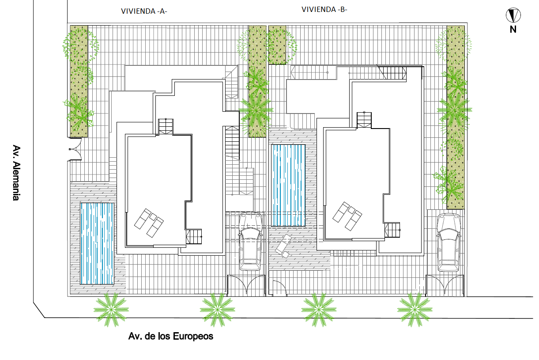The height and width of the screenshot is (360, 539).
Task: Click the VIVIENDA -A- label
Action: click(144, 12)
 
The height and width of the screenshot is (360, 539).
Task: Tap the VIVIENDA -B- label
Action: click(324, 9)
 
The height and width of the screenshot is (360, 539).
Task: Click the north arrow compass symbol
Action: click(513, 16)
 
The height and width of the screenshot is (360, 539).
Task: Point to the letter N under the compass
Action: click(513, 30)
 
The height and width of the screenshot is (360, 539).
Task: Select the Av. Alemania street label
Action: click(16, 173)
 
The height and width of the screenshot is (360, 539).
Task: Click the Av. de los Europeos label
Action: click(170, 337)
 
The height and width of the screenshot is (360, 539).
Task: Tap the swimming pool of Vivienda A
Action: click(98, 243)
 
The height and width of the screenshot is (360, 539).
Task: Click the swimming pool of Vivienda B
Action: click(288, 185)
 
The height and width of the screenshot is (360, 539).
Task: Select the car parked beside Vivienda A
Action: click(250, 241)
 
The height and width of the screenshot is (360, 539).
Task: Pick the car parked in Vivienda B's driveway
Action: click(449, 243)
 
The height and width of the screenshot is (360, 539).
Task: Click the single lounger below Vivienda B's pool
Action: click(283, 246)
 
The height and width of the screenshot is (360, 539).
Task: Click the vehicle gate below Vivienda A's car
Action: click(246, 285)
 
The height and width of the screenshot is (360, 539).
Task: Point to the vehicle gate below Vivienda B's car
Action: click(445, 285)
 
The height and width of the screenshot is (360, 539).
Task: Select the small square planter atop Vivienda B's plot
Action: click(277, 45)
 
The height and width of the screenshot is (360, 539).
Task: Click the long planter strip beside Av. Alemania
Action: click(79, 80)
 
